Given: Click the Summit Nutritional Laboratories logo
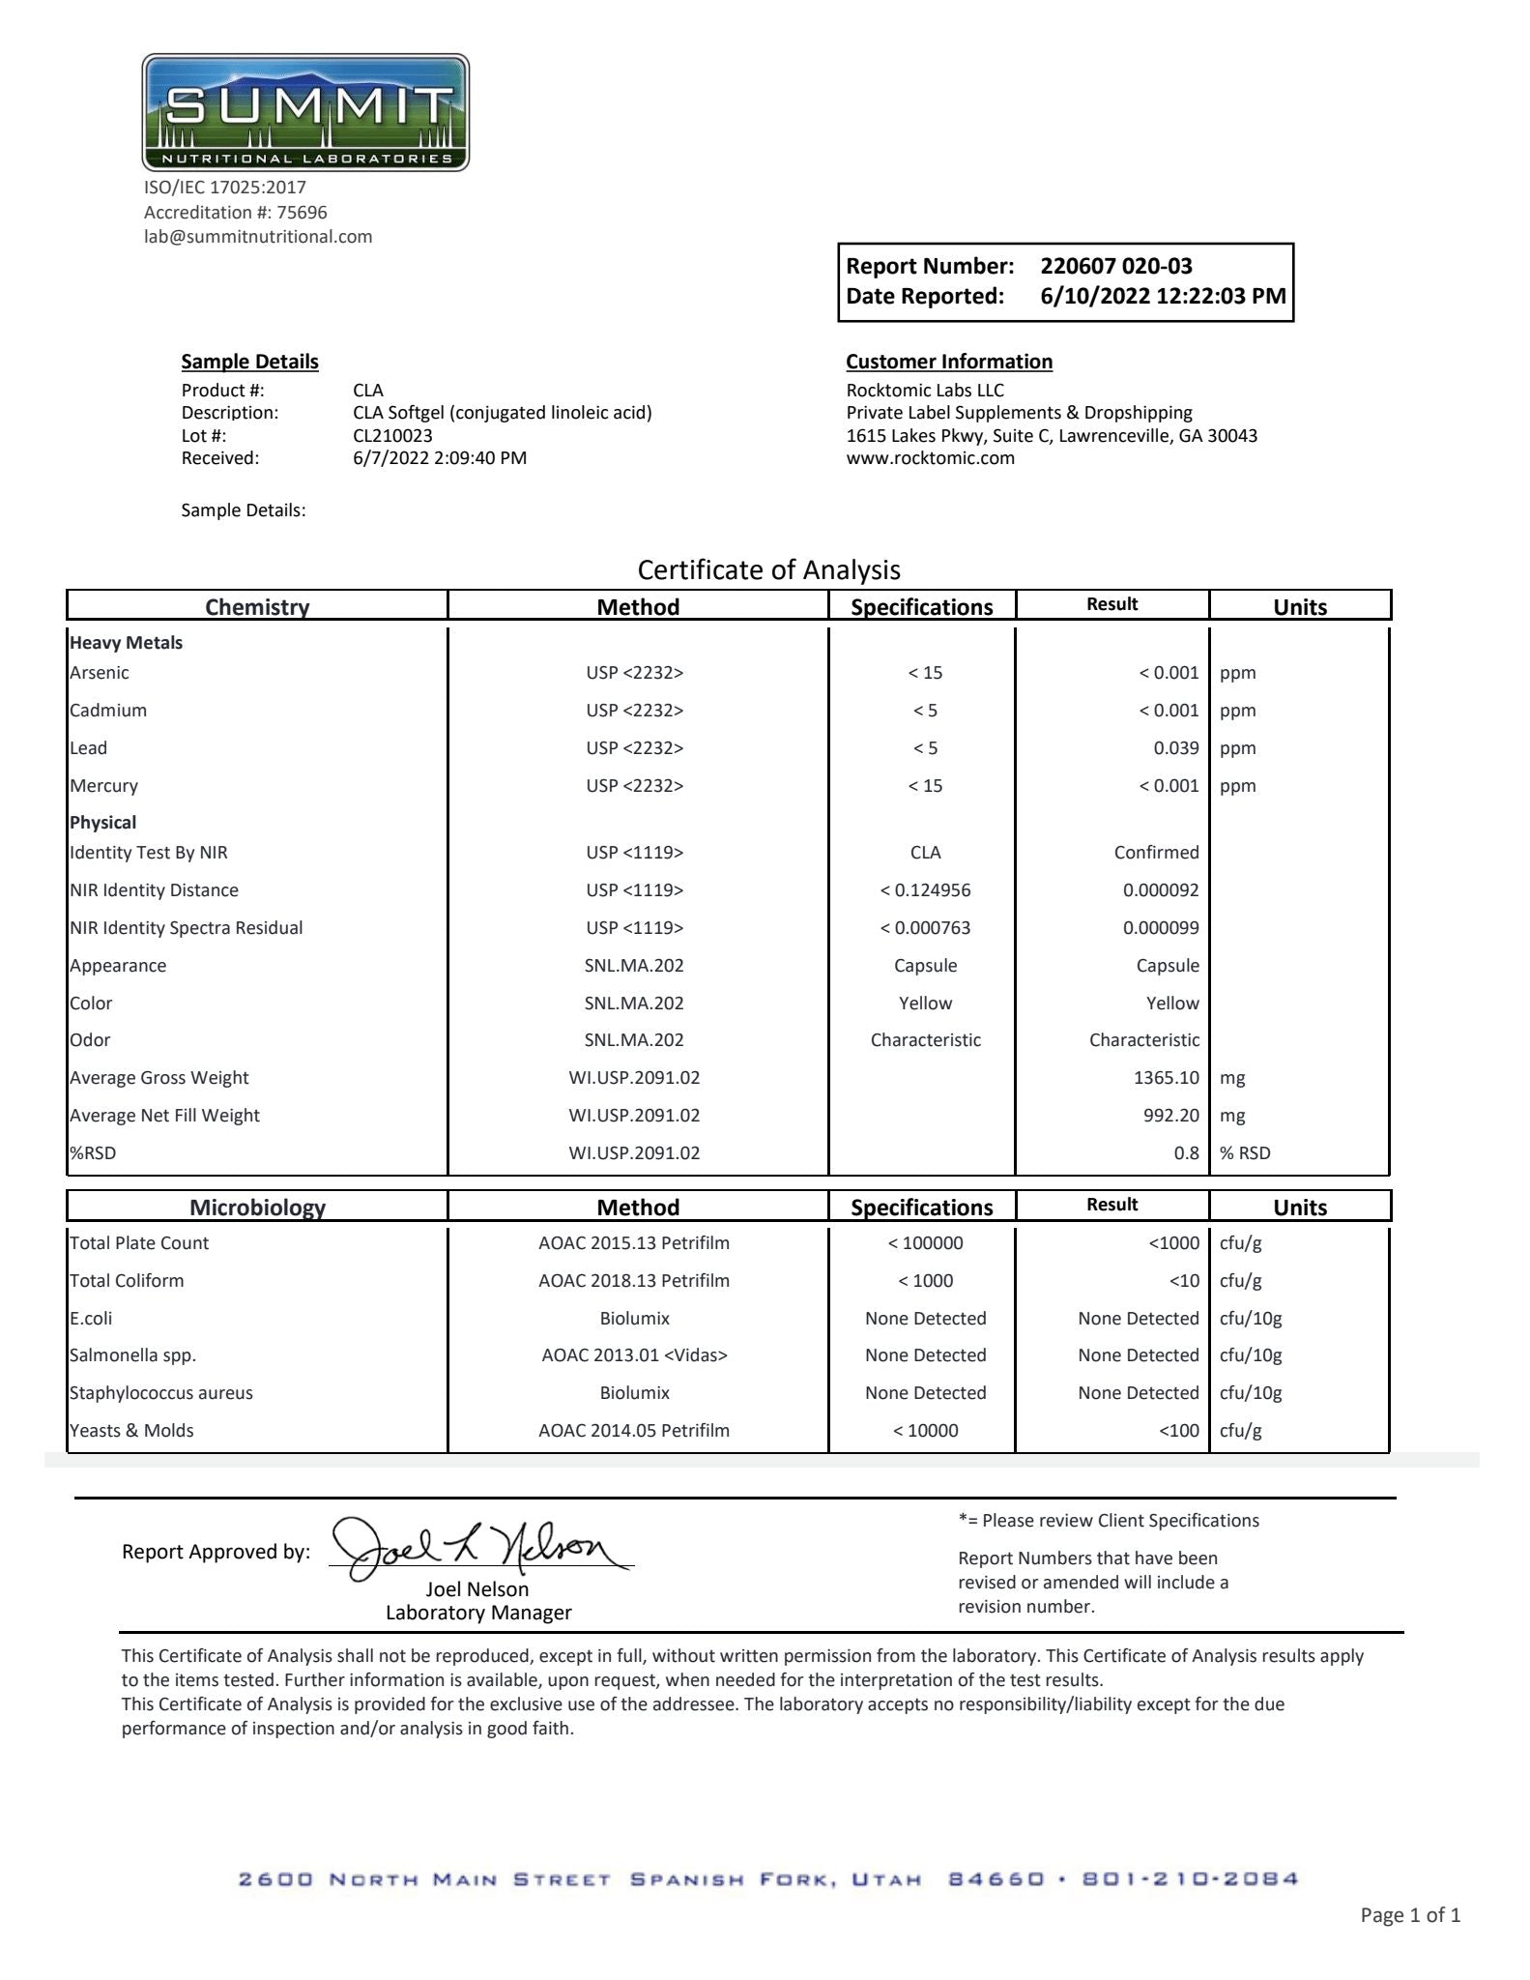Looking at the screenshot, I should tap(305, 113).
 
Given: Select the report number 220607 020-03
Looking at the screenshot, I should tap(1115, 266).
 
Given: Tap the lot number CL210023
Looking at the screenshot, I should tap(392, 436).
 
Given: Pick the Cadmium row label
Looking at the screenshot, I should tap(108, 711).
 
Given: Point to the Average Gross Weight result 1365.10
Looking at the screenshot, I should tap(1166, 1078).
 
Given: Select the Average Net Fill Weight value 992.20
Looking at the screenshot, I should tap(1170, 1116).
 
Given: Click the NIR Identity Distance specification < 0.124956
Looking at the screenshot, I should tap(925, 890).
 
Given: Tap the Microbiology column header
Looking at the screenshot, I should tap(257, 1207).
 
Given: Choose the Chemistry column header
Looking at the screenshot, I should tap(257, 606).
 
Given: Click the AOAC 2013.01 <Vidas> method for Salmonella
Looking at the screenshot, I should tap(634, 1355).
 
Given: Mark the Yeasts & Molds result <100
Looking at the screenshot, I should tap(1178, 1431).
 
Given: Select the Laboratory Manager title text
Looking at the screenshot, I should tap(478, 1613).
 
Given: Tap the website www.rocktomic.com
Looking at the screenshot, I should tap(930, 458).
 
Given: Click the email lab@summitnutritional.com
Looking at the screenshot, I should tap(258, 237).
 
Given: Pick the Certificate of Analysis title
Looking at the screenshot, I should tap(768, 569).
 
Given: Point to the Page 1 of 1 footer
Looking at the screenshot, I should tap(1409, 1914).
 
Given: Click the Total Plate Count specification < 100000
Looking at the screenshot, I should tap(925, 1243).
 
